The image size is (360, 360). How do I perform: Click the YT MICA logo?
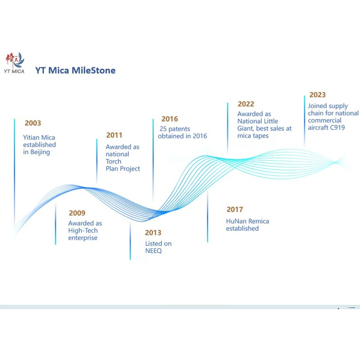coord(14,63)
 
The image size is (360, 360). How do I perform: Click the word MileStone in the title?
coord(94,71)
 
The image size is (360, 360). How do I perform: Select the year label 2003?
coord(33,123)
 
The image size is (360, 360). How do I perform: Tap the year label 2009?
coord(77,213)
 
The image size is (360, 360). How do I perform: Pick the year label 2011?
coord(114,135)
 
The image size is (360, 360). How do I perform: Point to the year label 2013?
coord(153,233)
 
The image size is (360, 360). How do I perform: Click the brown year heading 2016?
coord(170,119)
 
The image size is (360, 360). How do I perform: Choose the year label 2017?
coord(234,209)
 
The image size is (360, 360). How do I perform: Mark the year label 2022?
coord(246,104)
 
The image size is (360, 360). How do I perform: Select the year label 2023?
coord(318,95)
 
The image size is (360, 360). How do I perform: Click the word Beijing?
coord(40,152)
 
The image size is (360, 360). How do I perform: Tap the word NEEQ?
coord(153,251)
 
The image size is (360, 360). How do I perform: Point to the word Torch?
coord(113,162)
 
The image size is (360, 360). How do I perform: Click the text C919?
coord(337,127)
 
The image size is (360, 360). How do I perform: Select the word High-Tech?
coord(83,230)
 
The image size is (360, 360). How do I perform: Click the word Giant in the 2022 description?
coord(245,128)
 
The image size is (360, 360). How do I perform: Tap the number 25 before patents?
coord(163,129)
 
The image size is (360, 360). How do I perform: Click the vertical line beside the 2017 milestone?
coord(207,216)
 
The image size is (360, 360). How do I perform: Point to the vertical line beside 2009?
coord(55,224)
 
